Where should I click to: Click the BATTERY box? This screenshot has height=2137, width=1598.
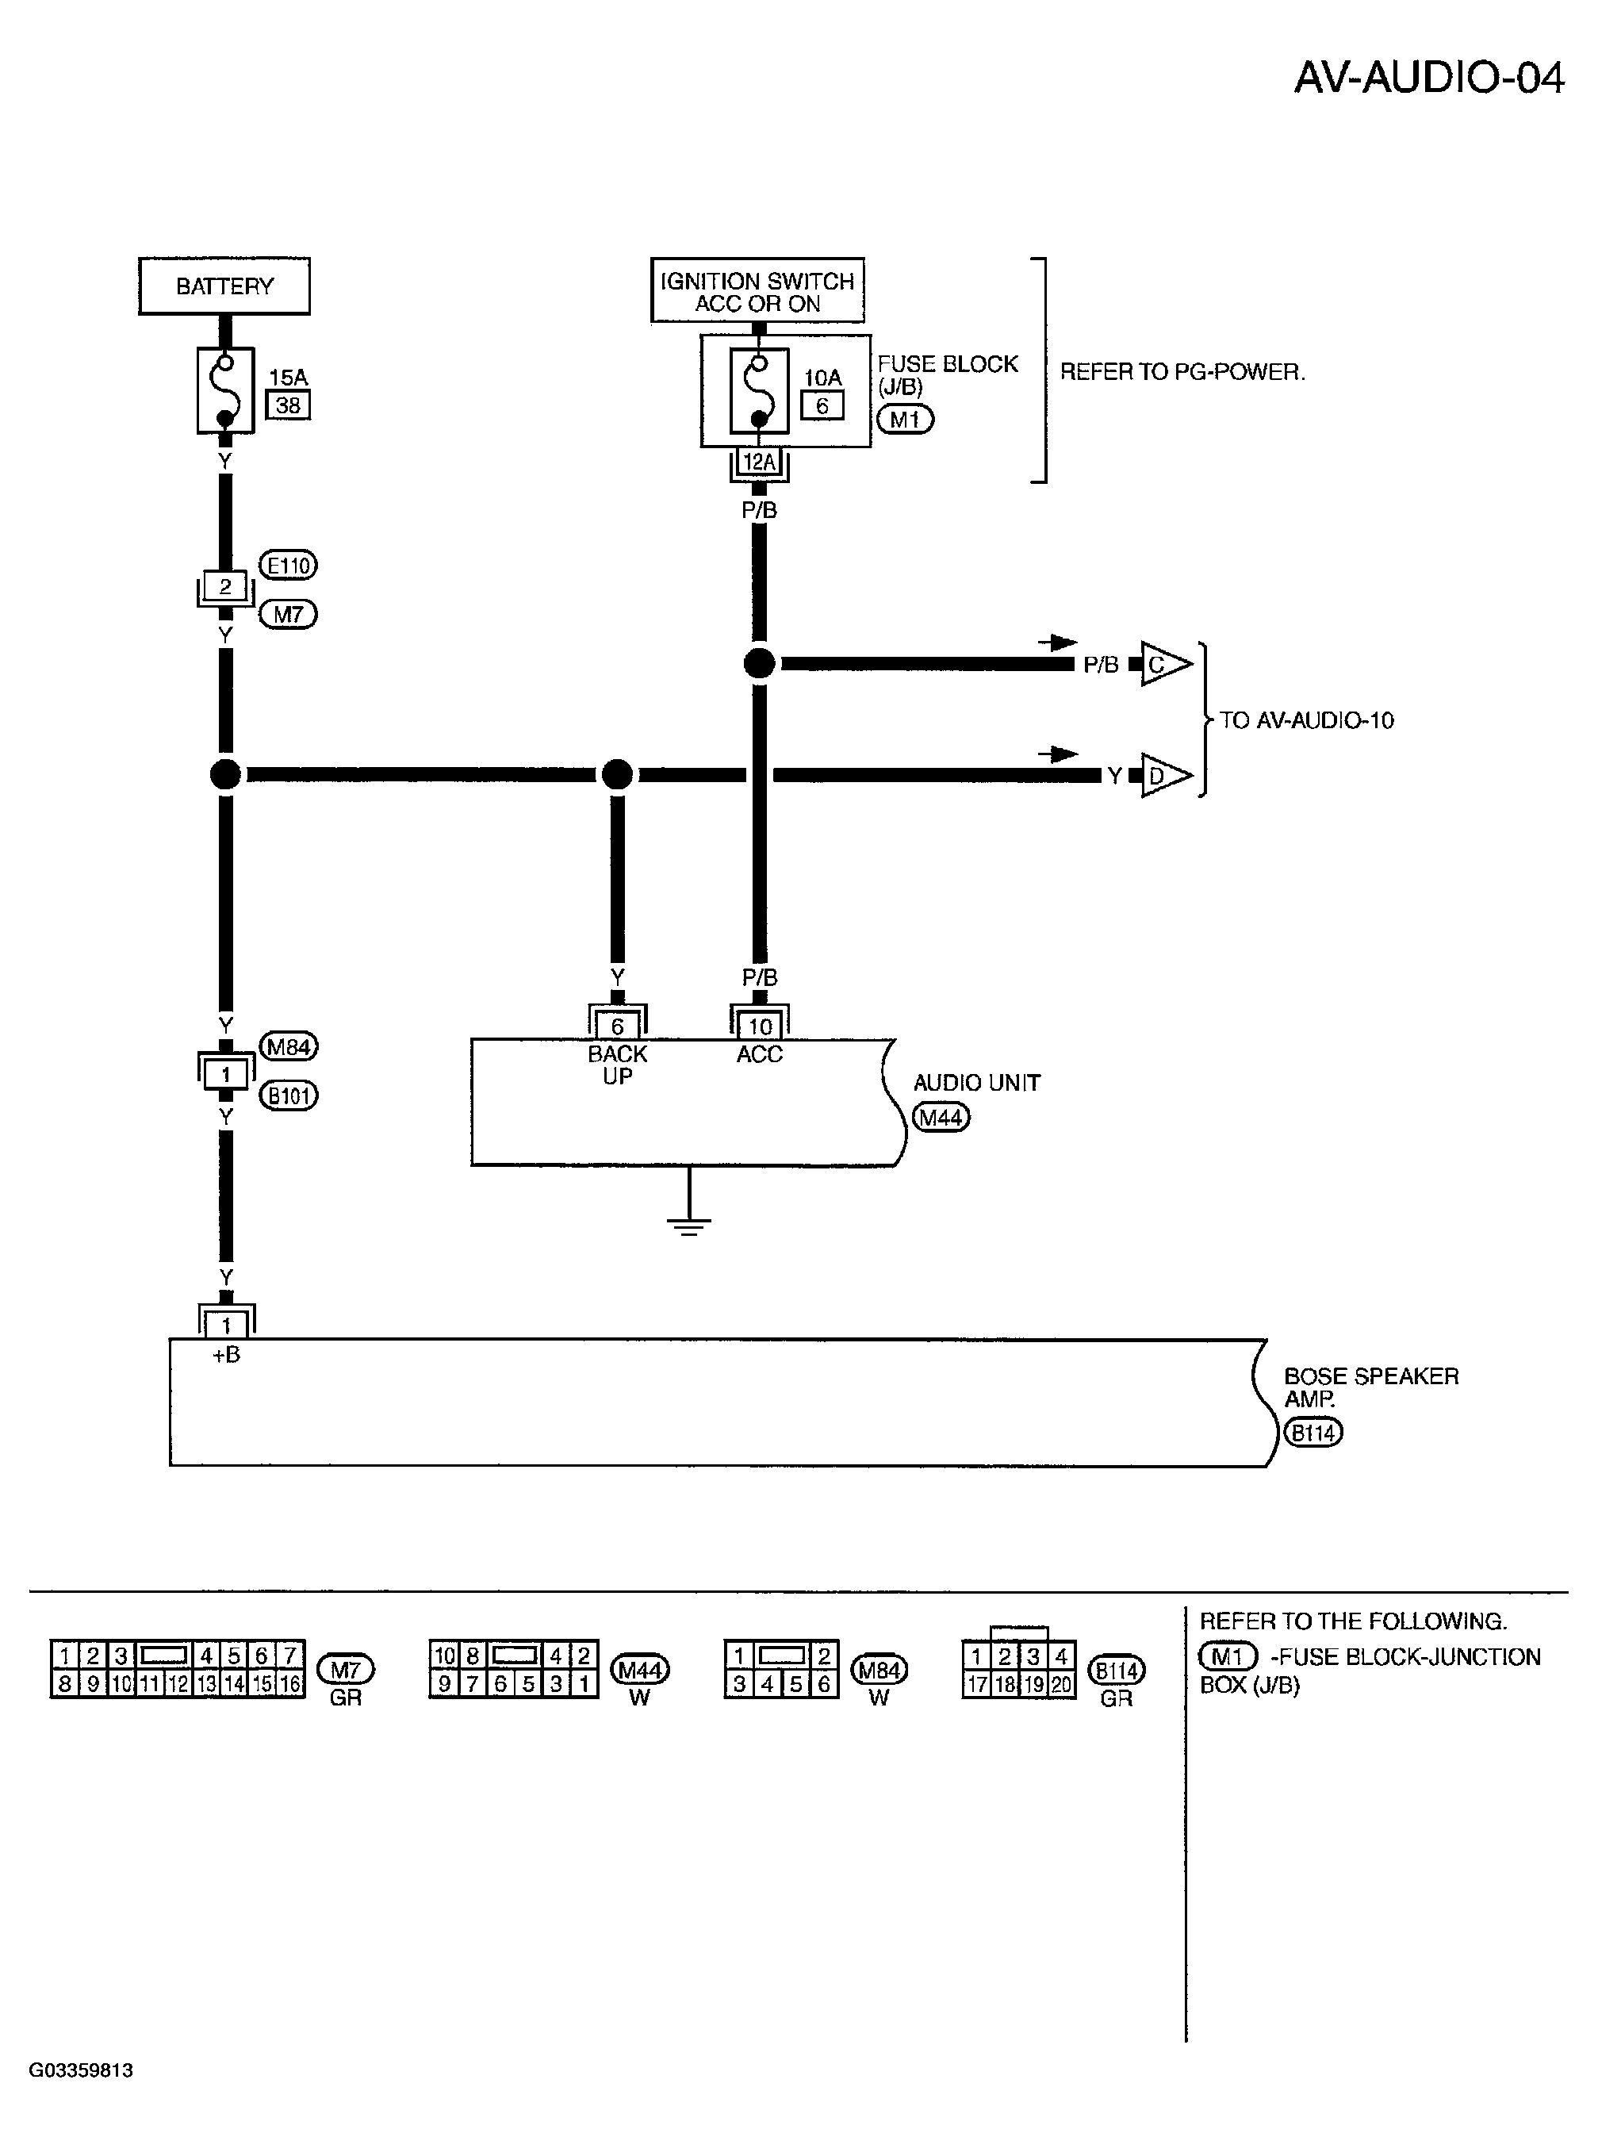[x=224, y=286]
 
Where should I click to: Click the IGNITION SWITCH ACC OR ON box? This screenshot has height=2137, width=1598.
[x=757, y=290]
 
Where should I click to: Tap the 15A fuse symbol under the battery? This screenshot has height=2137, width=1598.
[x=225, y=390]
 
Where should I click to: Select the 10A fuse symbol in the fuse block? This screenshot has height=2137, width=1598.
[x=760, y=390]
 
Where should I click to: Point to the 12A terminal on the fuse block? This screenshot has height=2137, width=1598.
[x=760, y=462]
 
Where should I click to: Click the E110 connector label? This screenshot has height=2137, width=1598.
[x=288, y=565]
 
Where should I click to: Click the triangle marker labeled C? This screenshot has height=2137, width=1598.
[x=1164, y=665]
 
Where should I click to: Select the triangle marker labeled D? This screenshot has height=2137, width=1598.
[x=1164, y=775]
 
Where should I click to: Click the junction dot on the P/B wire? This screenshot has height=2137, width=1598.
[x=760, y=664]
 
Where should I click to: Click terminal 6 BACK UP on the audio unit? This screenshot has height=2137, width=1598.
[x=617, y=1026]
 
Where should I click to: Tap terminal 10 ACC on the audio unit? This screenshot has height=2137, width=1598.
[x=761, y=1026]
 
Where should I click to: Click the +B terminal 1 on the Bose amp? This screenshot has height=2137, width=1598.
[x=226, y=1326]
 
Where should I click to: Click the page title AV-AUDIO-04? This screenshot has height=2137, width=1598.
[x=1429, y=77]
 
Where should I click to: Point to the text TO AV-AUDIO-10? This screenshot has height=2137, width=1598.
[x=1306, y=719]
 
